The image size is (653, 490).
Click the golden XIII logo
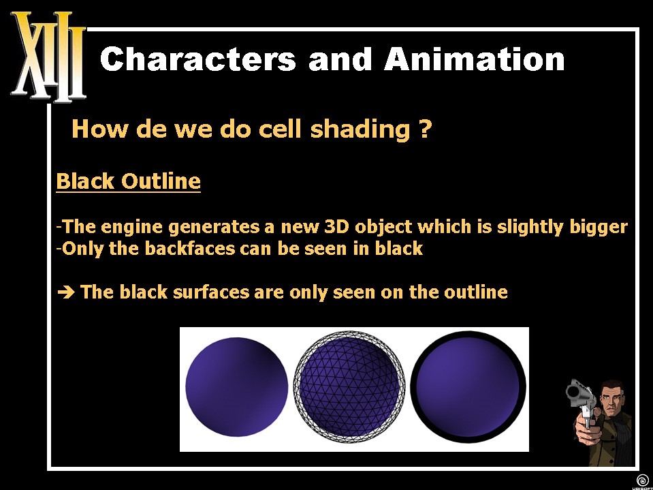48,57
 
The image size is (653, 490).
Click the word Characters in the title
198,59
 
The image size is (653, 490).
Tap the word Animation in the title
475,59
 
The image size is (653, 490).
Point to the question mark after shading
423,129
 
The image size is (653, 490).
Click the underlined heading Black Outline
128,181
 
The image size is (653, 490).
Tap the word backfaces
189,248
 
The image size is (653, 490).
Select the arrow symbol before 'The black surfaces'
66,292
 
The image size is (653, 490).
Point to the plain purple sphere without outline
236,386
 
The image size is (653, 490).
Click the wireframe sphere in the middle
349,386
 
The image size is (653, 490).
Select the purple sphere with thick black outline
468,386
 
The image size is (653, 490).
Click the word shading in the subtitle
360,130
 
